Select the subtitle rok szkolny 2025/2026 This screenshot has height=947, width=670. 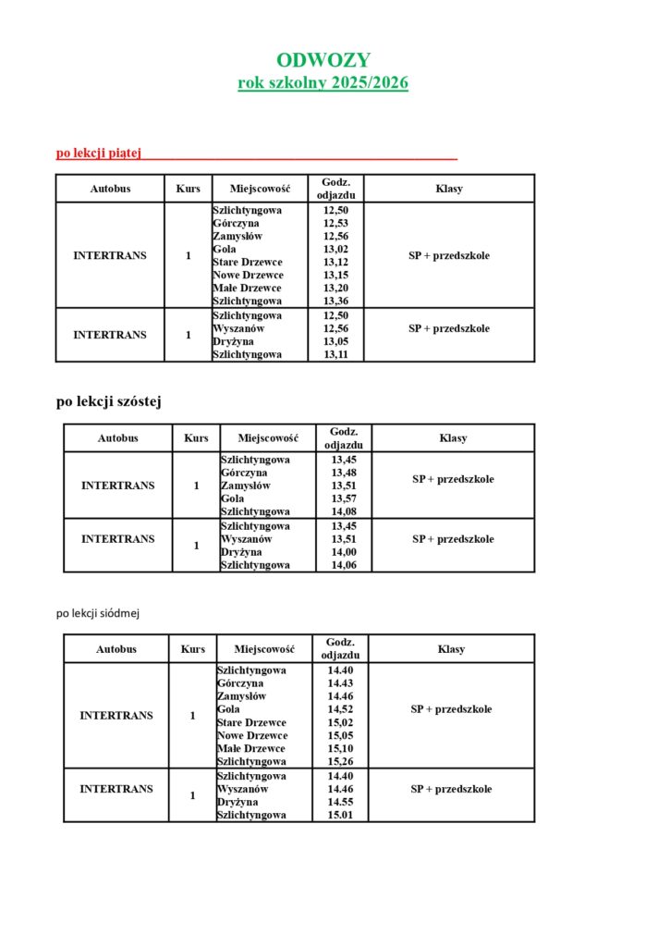[323, 83]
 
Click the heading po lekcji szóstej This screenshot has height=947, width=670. [110, 401]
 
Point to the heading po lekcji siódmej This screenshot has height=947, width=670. [97, 612]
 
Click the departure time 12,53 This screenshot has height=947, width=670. [335, 223]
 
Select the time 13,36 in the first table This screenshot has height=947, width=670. [335, 301]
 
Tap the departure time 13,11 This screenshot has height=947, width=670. [335, 354]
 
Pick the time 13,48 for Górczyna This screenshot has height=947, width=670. [344, 473]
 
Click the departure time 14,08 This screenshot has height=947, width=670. [344, 511]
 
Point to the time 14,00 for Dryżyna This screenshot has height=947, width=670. [344, 552]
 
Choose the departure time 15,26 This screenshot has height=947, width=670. [340, 761]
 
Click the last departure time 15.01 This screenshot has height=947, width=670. [340, 815]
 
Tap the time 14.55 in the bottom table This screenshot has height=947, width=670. [340, 802]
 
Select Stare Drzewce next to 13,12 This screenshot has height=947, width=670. [248, 262]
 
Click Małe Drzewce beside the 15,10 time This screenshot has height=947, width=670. [251, 748]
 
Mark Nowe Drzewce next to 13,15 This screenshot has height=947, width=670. [248, 275]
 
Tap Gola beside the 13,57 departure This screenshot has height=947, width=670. [232, 498]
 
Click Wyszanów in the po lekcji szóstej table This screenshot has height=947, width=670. [247, 539]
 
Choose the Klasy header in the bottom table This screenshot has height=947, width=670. [451, 649]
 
